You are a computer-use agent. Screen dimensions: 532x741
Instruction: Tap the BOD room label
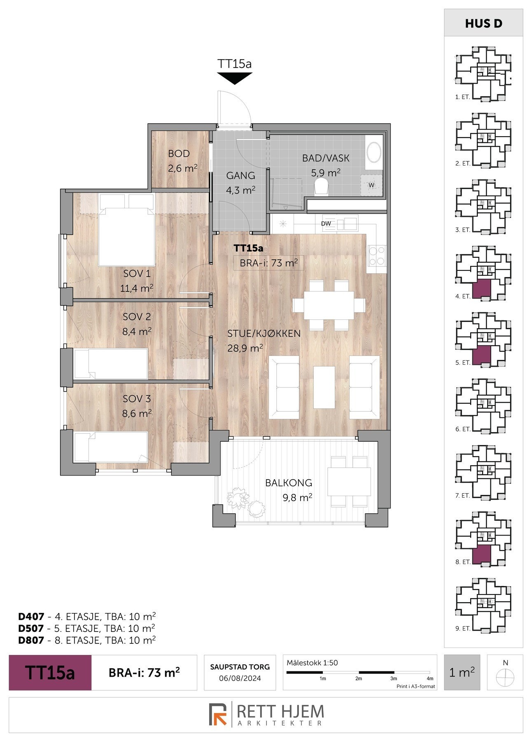pyautogui.click(x=179, y=154)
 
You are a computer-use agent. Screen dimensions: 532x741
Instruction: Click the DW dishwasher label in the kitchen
pyautogui.click(x=327, y=224)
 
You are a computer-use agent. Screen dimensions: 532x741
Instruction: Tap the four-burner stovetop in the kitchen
pyautogui.click(x=377, y=255)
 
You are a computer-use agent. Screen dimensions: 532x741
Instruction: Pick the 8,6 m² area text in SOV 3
pyautogui.click(x=137, y=413)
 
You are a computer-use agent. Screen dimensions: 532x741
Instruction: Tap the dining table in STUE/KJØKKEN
pyautogui.click(x=329, y=305)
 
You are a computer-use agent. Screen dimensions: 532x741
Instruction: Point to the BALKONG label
pyautogui.click(x=289, y=483)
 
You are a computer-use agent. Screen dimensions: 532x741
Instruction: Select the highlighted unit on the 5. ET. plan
pyautogui.click(x=481, y=356)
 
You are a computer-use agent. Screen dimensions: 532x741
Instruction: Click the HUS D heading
pyautogui.click(x=483, y=23)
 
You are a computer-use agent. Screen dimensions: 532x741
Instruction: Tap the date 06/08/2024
pyautogui.click(x=240, y=678)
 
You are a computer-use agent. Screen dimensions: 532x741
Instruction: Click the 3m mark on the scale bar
pyautogui.click(x=394, y=678)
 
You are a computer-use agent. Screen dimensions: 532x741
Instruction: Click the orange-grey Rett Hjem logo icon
pyautogui.click(x=218, y=714)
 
